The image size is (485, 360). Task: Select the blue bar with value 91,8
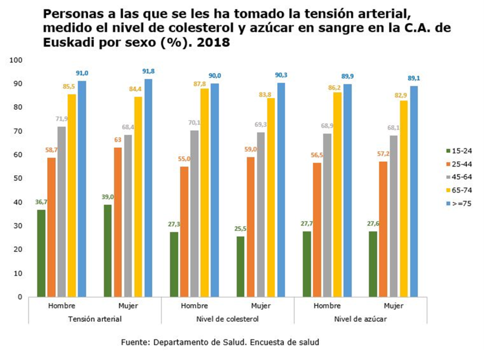point(148,188)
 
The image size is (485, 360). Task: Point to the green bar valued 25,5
point(241,267)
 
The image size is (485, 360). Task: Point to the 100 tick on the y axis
point(16,61)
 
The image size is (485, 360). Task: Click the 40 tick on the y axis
point(18,202)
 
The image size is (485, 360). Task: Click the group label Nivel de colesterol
point(227,318)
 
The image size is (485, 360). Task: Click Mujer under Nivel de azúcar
point(393,306)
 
